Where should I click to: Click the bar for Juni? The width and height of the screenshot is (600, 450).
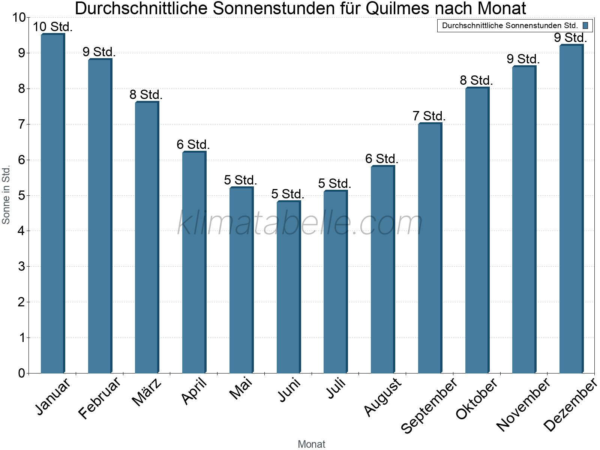[288, 287]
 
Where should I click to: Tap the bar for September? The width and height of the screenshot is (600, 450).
[430, 248]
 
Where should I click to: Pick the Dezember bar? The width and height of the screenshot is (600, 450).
[571, 209]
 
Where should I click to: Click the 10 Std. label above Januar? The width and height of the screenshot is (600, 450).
[52, 27]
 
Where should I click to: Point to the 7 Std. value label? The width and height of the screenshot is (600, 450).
[429, 116]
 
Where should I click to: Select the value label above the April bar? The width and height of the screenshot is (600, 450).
[193, 144]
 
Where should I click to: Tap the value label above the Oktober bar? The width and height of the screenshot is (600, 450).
[476, 81]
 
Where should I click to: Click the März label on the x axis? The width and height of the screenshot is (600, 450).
[147, 393]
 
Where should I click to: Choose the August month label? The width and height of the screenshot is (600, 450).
[382, 397]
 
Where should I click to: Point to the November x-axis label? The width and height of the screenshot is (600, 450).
[523, 404]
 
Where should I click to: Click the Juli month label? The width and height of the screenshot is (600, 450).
[336, 389]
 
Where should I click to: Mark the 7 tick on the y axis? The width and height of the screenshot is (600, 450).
[21, 124]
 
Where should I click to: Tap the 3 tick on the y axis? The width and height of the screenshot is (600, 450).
[21, 267]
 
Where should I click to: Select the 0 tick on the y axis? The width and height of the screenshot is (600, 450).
[21, 373]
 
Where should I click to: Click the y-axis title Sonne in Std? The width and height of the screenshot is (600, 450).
[6, 195]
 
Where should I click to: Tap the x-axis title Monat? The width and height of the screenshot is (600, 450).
[311, 444]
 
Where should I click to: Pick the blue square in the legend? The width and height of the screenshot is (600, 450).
[585, 25]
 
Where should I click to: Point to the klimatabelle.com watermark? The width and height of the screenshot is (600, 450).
[300, 223]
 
